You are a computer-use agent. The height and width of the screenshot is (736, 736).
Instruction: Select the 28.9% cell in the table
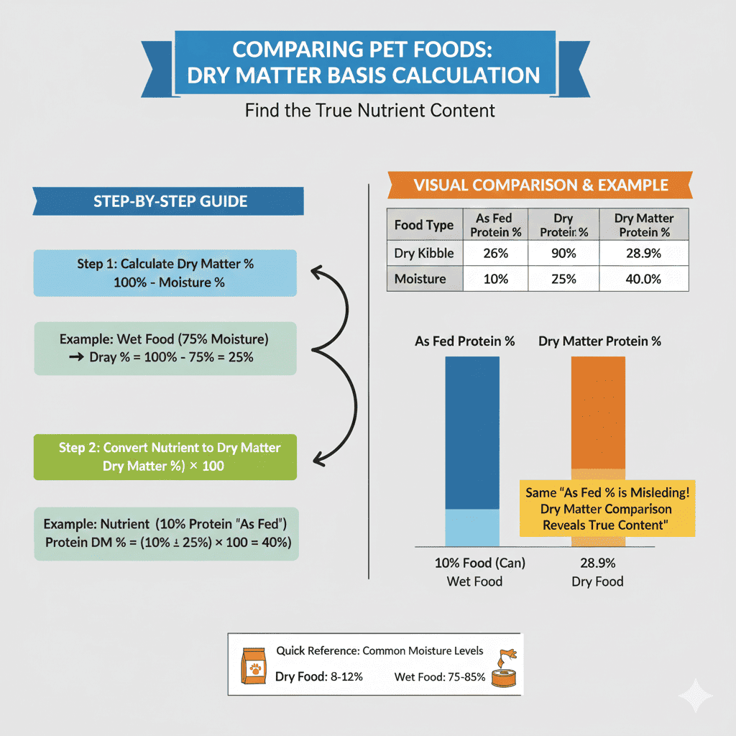tap(643, 253)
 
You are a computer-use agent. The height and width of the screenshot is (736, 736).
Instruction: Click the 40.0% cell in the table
tap(643, 278)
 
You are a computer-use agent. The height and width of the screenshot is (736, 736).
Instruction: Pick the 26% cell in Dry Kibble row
tap(494, 253)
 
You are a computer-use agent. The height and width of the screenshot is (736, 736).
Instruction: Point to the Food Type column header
tap(424, 225)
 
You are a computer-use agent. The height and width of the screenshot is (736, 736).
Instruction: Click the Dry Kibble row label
tap(424, 253)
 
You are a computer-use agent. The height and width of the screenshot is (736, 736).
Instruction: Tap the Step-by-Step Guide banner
tap(170, 201)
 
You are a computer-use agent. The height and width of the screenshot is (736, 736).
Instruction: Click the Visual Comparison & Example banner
tap(540, 185)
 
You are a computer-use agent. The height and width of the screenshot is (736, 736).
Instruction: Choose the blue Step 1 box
tap(165, 273)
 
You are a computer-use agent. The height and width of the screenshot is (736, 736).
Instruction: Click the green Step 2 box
tap(165, 456)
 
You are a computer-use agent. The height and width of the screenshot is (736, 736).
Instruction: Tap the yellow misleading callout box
tap(607, 508)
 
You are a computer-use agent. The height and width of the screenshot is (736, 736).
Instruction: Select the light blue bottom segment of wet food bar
tap(472, 527)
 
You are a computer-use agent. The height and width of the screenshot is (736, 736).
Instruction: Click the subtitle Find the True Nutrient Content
tap(369, 111)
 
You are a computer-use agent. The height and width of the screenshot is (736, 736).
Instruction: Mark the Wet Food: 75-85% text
tap(440, 677)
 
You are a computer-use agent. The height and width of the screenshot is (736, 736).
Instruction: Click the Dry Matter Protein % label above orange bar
tap(599, 341)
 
